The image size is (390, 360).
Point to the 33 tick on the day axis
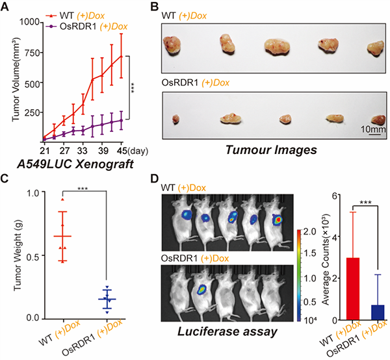[84, 148]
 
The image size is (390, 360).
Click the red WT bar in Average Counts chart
[335, 289]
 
